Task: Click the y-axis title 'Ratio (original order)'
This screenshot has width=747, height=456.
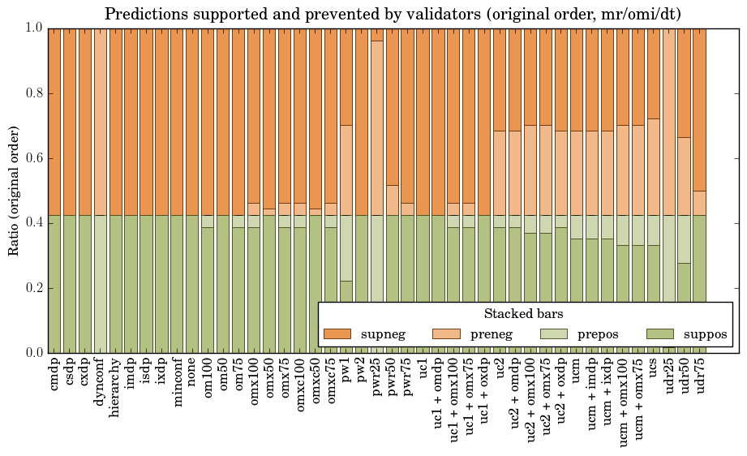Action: [x=14, y=190]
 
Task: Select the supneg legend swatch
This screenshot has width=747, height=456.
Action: [x=337, y=333]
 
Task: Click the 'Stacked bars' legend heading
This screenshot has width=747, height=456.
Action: [x=524, y=313]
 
